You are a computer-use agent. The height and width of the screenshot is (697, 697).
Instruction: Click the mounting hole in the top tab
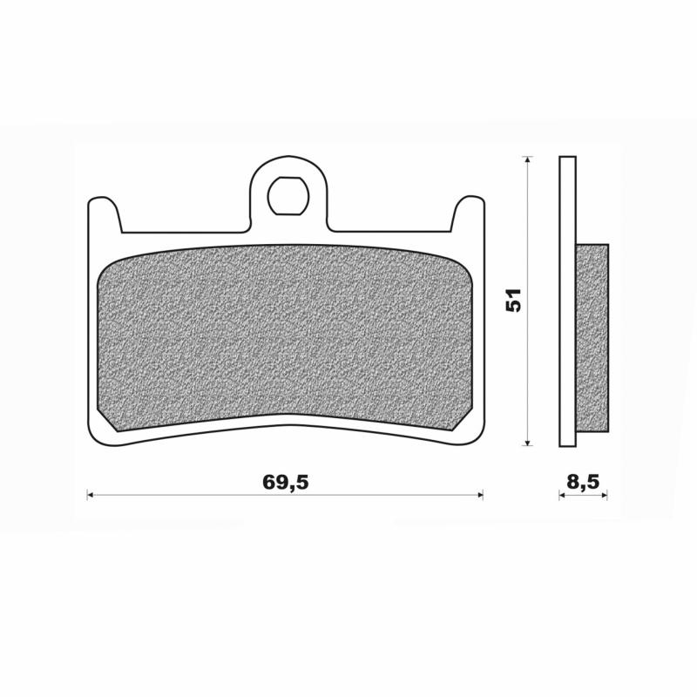click(288, 195)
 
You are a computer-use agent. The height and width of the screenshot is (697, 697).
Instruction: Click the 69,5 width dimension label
click(286, 482)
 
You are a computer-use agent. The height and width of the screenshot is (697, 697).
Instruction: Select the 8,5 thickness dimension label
click(583, 482)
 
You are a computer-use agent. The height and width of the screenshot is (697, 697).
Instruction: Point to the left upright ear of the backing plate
click(104, 213)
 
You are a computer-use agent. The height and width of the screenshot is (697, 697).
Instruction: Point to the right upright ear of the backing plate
click(468, 213)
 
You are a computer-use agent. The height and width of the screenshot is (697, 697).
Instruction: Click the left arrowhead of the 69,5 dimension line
click(91, 495)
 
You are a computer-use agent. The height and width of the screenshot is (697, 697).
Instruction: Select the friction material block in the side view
click(592, 337)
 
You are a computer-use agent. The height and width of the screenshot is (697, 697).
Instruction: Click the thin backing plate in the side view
click(567, 301)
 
